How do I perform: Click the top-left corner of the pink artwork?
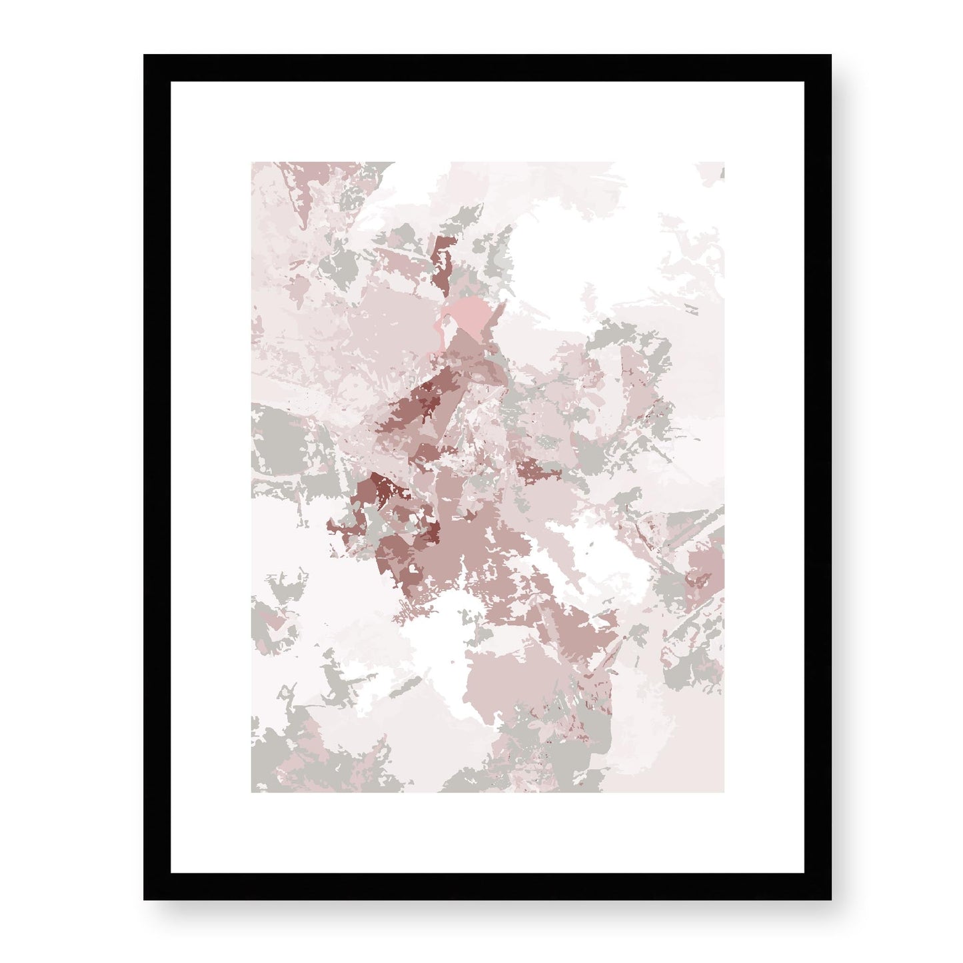click(x=252, y=162)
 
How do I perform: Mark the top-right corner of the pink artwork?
click(x=724, y=162)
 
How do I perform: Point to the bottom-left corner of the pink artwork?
click(x=252, y=792)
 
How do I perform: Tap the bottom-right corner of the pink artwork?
click(x=724, y=792)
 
